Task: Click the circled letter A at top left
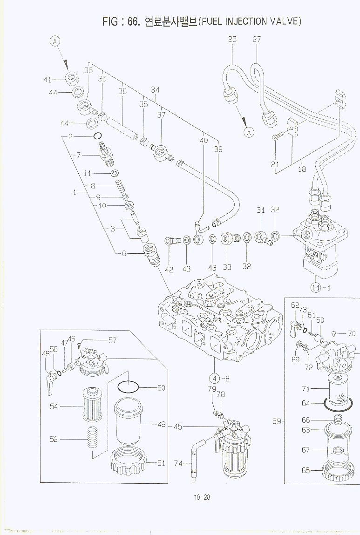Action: point(55,41)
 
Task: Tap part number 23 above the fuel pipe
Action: point(232,39)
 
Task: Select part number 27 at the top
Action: point(257,39)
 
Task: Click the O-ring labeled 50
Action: point(128,386)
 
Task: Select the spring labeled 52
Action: point(92,440)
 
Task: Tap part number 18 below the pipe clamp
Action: point(302,169)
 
